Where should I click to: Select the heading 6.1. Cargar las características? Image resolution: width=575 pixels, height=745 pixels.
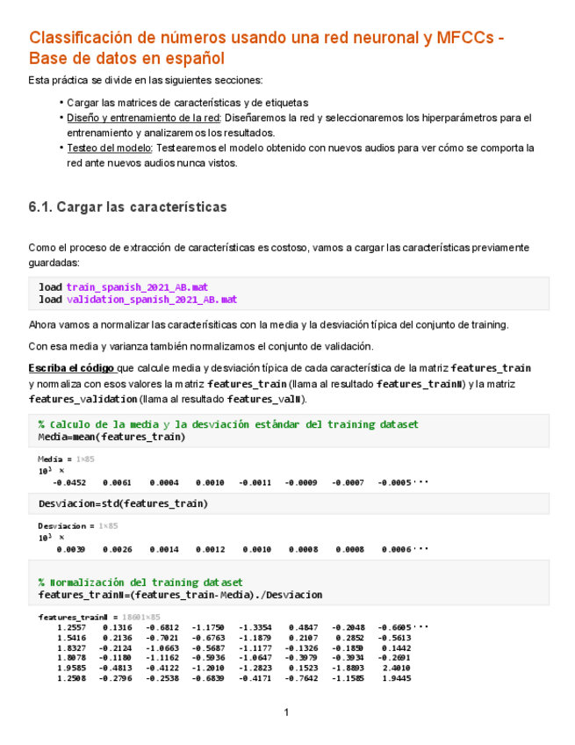[x=127, y=207]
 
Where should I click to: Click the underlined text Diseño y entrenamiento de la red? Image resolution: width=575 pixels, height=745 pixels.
[x=143, y=118]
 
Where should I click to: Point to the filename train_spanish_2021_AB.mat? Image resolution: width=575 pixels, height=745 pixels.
[x=137, y=287]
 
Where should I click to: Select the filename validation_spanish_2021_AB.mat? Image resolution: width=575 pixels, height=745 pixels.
[x=151, y=300]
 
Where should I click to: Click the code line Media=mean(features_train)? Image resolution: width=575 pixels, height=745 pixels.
[x=111, y=437]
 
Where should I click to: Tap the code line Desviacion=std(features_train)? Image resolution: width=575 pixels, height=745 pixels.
[x=123, y=503]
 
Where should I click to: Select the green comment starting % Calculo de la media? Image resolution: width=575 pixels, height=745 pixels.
[x=228, y=424]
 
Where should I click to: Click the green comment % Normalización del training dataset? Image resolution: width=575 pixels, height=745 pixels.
[x=140, y=582]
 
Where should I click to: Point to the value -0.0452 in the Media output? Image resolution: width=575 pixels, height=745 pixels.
[x=68, y=482]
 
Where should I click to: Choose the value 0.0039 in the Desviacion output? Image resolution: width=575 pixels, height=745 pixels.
[x=70, y=549]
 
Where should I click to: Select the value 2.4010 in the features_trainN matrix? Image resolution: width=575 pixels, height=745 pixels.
[x=396, y=668]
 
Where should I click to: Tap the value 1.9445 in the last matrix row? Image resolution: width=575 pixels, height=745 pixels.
[x=396, y=678]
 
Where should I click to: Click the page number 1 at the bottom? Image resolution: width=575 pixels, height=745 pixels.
[x=286, y=712]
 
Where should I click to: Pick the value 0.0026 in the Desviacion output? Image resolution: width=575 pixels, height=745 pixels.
[x=117, y=549]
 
